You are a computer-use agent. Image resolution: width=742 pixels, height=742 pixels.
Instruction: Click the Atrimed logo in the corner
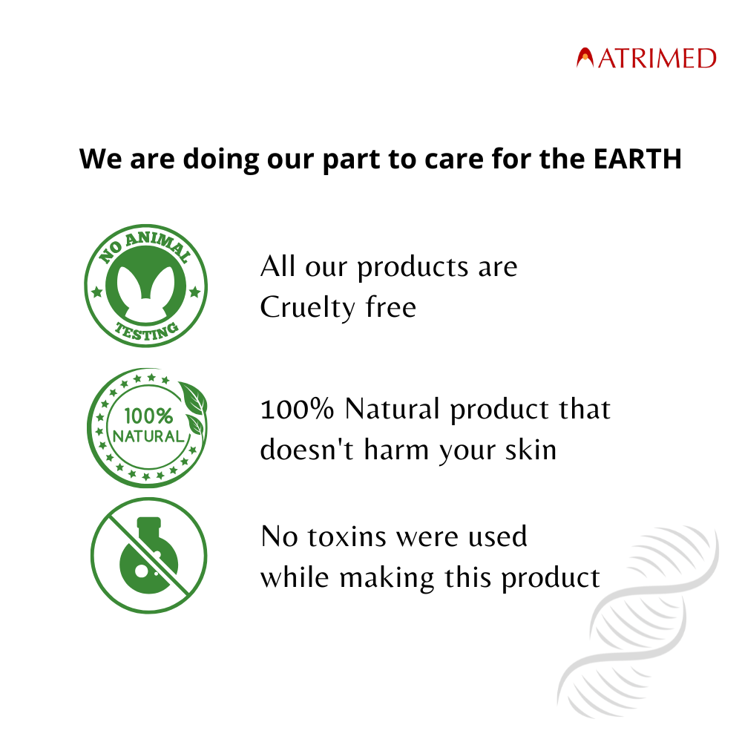tap(646, 58)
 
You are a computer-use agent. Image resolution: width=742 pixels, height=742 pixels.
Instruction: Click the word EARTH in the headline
tap(637, 159)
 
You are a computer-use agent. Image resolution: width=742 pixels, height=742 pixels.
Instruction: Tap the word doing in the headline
tap(220, 160)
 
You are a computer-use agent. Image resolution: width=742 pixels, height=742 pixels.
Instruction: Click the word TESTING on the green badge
tap(147, 331)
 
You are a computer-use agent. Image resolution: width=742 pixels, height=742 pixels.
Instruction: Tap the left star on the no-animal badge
tap(97, 292)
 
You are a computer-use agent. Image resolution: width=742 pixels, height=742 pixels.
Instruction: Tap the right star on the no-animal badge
tap(194, 292)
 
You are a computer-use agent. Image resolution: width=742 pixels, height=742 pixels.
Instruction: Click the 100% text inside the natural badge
tap(148, 416)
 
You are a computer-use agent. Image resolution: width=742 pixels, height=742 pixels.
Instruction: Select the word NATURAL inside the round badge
tap(148, 436)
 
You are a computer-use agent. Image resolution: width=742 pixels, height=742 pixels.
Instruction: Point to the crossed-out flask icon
tap(148, 556)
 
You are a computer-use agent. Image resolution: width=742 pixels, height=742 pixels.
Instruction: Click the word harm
tap(395, 450)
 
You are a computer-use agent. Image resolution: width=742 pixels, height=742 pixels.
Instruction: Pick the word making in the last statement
tap(386, 579)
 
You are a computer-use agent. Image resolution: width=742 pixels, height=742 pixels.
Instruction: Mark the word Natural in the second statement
tap(393, 409)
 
